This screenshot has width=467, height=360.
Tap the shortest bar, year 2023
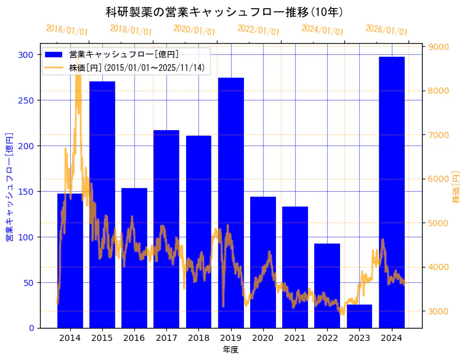pos(359,316)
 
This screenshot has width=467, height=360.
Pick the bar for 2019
pos(231,203)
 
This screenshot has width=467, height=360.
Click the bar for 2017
pos(166,229)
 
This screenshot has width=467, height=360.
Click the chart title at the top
pos(224,12)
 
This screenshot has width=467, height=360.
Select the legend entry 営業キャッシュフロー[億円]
pos(124,55)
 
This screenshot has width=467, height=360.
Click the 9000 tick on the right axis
pos(439,47)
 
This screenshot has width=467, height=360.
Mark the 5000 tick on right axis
pos(439,223)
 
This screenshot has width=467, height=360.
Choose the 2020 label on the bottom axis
pos(263,338)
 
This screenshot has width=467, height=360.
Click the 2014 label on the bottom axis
pos(70,338)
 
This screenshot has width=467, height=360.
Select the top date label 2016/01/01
pos(67,30)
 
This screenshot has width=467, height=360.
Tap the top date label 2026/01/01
pos(386,30)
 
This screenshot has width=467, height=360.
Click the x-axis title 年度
pos(230,350)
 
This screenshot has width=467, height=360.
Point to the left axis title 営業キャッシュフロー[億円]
pos(9,186)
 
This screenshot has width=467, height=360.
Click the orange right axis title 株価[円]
pos(457,187)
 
